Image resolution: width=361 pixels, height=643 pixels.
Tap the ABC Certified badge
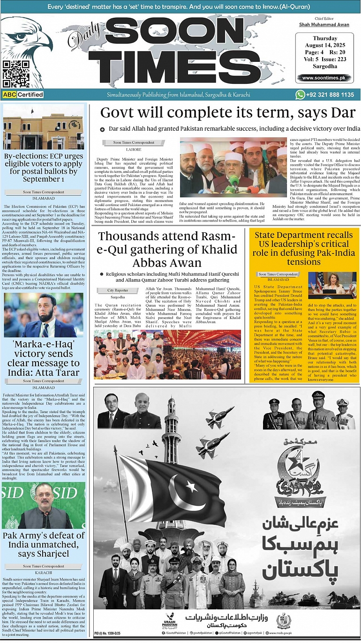23,95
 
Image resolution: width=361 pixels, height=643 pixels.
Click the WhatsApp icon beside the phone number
300,95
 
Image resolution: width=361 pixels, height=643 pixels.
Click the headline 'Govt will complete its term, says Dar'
228,113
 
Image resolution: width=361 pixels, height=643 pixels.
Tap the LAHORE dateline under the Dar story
134,149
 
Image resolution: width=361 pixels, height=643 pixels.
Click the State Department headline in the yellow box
303,248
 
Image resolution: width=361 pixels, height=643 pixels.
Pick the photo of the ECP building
43,128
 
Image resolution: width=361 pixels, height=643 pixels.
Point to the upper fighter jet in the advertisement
220,416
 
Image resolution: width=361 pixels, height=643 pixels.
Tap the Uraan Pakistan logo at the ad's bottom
169,621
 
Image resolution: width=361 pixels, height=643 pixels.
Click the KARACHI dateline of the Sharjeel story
43,572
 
